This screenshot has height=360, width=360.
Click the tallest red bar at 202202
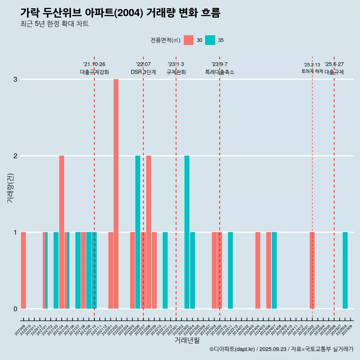(116, 193)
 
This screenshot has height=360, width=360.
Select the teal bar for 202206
(138, 232)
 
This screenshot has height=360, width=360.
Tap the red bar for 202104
(61, 232)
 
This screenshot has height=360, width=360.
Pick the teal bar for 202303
(187, 232)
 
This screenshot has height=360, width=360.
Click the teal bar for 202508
(345, 270)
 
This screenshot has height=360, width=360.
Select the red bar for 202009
(23, 270)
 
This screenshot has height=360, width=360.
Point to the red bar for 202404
(258, 270)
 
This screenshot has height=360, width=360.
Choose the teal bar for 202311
(230, 270)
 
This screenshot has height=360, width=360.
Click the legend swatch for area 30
(189, 40)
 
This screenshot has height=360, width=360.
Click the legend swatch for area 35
(210, 40)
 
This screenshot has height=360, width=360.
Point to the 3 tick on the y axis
(15, 79)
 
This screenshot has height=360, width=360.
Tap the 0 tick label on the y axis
(15, 309)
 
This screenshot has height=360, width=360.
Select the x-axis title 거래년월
(187, 340)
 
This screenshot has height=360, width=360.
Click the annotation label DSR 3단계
(143, 72)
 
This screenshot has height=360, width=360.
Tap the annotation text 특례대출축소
(219, 72)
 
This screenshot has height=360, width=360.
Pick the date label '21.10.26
(94, 64)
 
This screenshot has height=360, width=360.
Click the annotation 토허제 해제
(312, 71)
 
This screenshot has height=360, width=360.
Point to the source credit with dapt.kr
(281, 349)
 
